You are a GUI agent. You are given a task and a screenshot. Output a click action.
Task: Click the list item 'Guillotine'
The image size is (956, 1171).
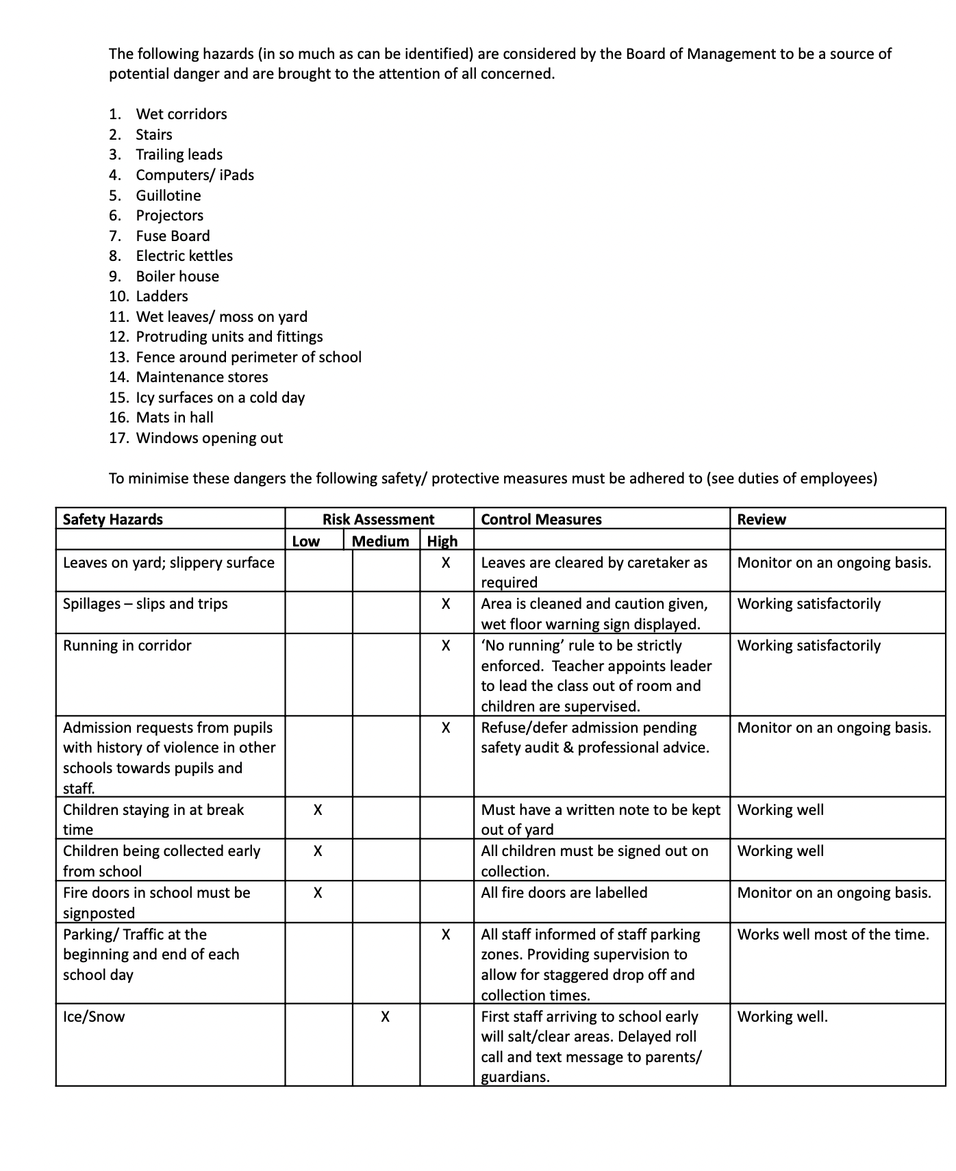pos(168,195)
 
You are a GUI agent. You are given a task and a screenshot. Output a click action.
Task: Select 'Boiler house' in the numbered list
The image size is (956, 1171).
pos(177,276)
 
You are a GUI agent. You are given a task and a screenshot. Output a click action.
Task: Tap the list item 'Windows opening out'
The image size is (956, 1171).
pos(209,438)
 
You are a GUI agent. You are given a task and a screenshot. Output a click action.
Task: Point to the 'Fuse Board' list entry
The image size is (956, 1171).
pos(173,236)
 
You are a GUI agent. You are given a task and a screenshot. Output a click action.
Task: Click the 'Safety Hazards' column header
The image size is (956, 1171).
pos(113,519)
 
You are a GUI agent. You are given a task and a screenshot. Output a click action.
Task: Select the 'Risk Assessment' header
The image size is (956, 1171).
pos(378,519)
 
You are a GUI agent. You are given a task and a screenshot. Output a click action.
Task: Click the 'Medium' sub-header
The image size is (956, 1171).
pos(380,541)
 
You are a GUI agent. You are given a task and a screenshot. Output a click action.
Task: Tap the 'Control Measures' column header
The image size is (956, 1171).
pos(541,519)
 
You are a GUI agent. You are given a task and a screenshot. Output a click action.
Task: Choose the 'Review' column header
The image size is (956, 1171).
pos(762,519)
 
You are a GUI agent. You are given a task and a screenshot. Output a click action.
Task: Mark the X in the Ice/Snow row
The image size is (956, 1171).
pos(385,1017)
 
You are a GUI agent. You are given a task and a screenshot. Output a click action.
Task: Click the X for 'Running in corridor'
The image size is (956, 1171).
pos(446,646)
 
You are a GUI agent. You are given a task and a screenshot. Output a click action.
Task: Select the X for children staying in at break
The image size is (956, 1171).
pos(318,810)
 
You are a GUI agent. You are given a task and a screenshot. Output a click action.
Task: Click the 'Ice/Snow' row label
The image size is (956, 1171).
pos(94,1016)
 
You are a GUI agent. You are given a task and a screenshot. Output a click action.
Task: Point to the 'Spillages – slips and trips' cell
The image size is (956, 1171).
pos(145,604)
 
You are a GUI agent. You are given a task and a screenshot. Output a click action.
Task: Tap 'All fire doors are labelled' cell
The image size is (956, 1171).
pos(564,892)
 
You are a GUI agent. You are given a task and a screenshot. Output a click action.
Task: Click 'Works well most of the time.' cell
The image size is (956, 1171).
pos(833,934)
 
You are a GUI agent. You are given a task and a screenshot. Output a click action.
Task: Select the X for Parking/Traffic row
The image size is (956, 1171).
pos(446,935)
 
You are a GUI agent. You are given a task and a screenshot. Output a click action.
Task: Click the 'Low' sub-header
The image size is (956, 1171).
pos(305,541)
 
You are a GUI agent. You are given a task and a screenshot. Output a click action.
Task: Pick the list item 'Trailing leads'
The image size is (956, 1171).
pos(179,155)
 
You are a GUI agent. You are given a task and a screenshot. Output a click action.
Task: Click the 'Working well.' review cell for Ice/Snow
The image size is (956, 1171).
pos(782,1016)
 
